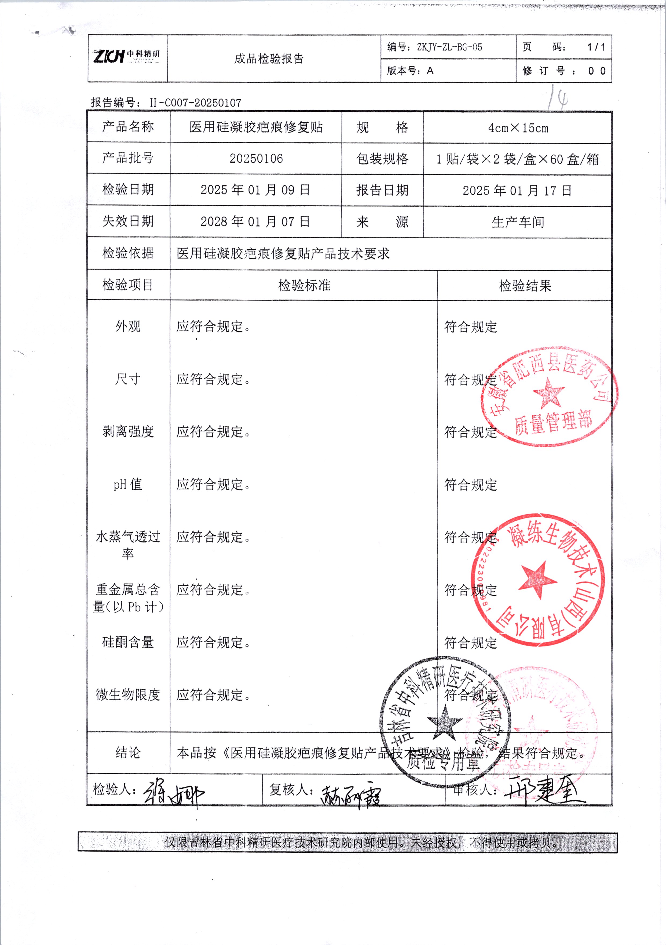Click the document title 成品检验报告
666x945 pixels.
[x=269, y=59]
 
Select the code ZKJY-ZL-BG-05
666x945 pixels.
[x=449, y=47]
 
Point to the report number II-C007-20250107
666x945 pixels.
[x=195, y=102]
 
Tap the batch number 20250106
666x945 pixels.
[x=256, y=159]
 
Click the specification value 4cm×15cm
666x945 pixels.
[x=518, y=128]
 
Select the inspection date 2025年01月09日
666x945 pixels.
[x=255, y=190]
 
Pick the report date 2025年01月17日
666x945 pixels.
[x=517, y=191]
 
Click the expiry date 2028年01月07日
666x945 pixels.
[x=255, y=221]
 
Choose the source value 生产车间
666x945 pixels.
[x=518, y=222]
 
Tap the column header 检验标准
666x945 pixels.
[x=304, y=285]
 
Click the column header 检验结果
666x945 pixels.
[x=525, y=286]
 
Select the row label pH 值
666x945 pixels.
[x=128, y=484]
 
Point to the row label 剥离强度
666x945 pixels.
[x=128, y=431]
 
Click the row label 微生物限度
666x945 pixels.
[x=128, y=695]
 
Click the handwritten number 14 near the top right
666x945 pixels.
[x=559, y=98]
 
